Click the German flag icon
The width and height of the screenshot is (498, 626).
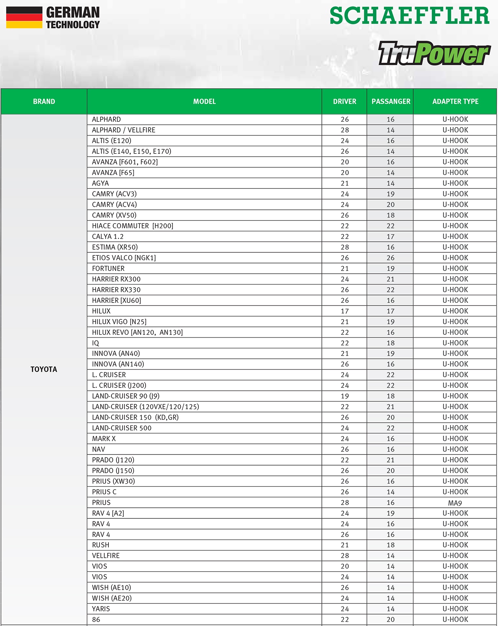click(x=24, y=18)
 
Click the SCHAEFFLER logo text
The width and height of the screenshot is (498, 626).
click(x=409, y=16)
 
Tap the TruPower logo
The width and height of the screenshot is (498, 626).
click(x=434, y=53)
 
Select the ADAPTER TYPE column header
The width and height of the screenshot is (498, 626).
click(x=455, y=101)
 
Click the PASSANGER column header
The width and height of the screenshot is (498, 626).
click(x=390, y=101)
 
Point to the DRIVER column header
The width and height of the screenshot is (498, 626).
click(x=344, y=101)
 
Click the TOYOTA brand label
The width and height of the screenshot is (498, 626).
click(x=44, y=369)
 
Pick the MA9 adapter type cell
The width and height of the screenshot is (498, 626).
click(x=455, y=503)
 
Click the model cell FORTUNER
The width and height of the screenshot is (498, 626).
click(x=108, y=268)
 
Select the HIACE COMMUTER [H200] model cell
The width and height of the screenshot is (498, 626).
click(x=133, y=226)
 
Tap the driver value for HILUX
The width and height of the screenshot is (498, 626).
click(x=344, y=311)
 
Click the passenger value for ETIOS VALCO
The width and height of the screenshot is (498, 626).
click(x=390, y=258)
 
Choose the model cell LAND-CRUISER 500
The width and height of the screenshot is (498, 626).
click(x=122, y=428)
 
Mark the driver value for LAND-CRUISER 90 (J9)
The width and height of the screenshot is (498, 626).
click(x=344, y=396)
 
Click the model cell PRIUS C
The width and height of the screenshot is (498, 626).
click(x=104, y=492)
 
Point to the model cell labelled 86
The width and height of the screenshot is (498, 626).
click(x=96, y=619)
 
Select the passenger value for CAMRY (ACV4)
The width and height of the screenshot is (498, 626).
click(x=390, y=204)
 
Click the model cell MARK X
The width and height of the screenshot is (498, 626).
click(x=104, y=439)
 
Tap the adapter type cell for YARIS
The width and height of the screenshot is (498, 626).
click(x=455, y=609)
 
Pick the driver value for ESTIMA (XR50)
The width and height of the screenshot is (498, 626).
click(x=344, y=247)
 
